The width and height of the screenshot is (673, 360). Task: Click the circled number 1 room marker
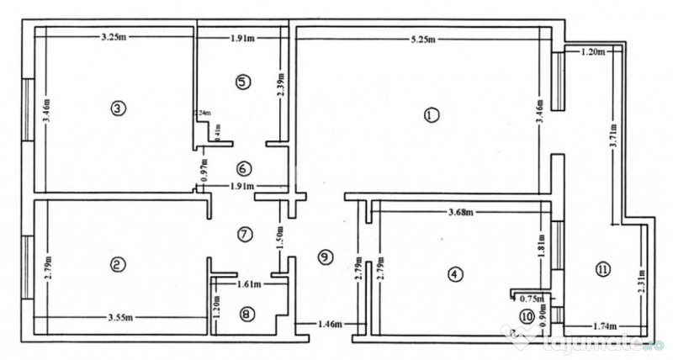pyautogui.click(x=431, y=115)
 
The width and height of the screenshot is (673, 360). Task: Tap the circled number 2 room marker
pyautogui.click(x=118, y=264)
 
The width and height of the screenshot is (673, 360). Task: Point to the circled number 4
pyautogui.click(x=454, y=274)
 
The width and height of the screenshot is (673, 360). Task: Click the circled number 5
pyautogui.click(x=242, y=82)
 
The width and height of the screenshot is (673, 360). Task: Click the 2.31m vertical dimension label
pyautogui.click(x=641, y=284)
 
